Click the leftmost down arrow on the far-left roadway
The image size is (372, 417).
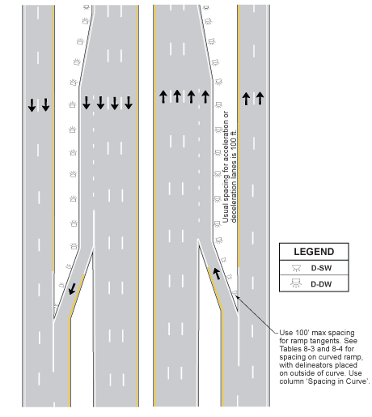[x=32, y=104]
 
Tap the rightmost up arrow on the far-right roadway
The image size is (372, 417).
[x=260, y=98]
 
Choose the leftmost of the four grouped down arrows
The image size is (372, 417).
[x=87, y=103]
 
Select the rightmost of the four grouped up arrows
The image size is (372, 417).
[x=205, y=96]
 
